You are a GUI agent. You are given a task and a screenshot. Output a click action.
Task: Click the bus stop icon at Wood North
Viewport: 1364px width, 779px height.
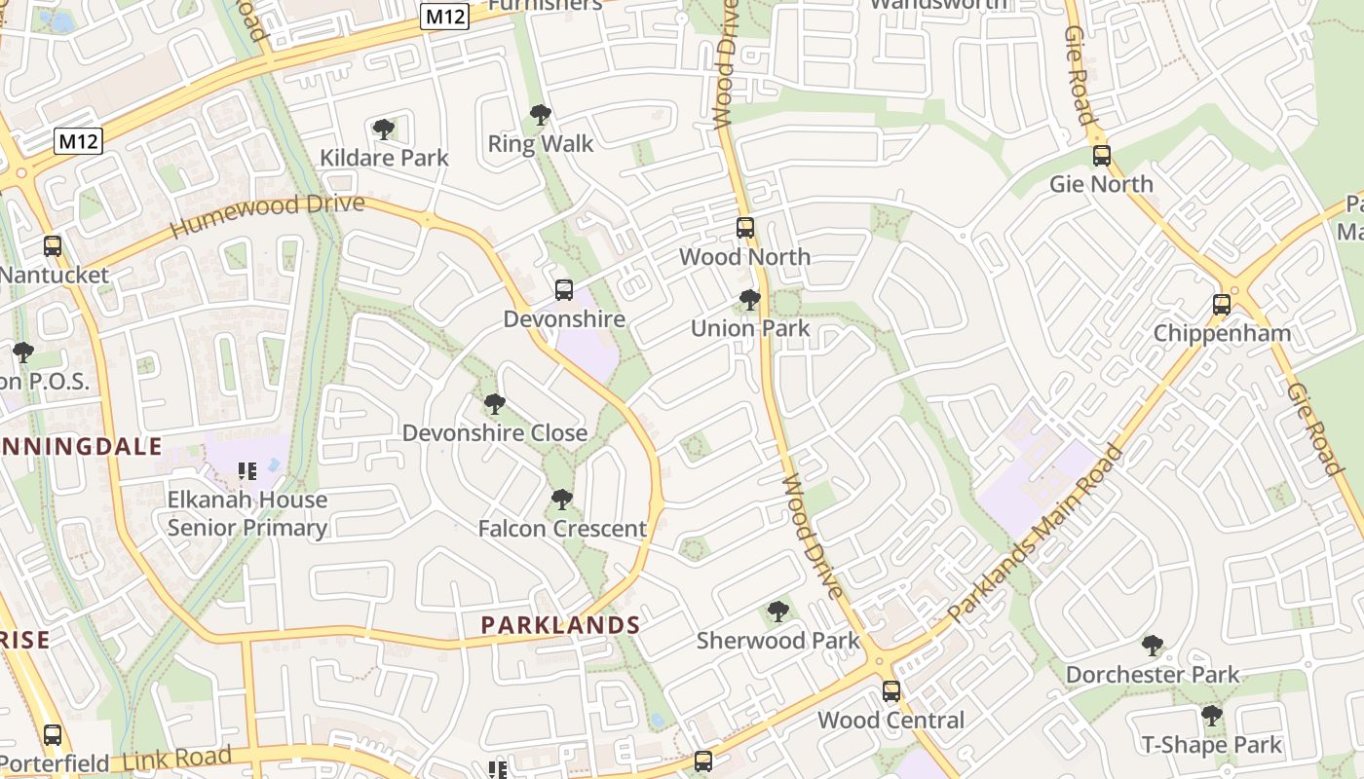tap(745, 228)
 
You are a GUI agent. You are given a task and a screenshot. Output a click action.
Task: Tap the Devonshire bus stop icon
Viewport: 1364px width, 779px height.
tap(564, 290)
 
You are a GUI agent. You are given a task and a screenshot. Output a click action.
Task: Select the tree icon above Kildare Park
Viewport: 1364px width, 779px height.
tap(384, 129)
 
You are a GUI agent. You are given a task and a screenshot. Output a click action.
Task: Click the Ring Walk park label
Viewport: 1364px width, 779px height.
tap(541, 144)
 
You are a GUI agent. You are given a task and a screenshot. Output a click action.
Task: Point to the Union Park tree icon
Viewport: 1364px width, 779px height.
tap(749, 300)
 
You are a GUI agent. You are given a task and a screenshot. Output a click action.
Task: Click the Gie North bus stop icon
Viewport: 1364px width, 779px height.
tap(1102, 156)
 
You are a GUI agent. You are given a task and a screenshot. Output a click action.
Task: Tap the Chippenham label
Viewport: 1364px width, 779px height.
tap(1222, 333)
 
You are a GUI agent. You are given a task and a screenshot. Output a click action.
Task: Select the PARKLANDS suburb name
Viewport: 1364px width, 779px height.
tap(561, 625)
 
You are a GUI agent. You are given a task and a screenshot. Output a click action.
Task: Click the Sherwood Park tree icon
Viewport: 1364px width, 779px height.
tap(777, 612)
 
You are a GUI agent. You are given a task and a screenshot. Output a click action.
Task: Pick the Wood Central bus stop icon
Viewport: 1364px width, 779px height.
tap(890, 691)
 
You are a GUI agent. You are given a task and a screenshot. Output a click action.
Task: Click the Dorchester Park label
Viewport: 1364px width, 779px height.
tap(1153, 674)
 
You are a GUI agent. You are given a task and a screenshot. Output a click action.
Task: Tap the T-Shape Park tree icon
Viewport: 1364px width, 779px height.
tap(1211, 717)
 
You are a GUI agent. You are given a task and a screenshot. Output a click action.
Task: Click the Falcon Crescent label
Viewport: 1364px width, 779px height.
tap(562, 529)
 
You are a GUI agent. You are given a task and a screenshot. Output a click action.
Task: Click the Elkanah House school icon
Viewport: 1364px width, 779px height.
tap(246, 471)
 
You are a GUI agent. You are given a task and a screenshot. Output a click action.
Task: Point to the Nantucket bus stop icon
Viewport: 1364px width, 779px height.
tap(53, 246)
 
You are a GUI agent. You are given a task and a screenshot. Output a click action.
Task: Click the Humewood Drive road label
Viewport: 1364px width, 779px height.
tap(267, 215)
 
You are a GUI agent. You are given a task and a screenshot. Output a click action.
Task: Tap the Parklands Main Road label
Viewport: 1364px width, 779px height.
tap(1035, 533)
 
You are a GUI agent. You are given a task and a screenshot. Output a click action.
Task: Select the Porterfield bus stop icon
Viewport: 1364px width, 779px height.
tap(53, 735)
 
